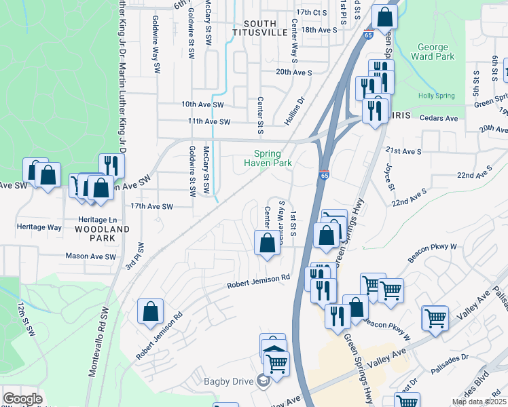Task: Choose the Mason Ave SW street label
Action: coord(91,256)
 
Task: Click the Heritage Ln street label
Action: coord(97,220)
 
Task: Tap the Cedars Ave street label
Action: coord(440,118)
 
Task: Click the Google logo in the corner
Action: coord(22,399)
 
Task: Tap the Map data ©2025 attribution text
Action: coord(479,402)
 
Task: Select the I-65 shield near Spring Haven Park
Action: coord(324,175)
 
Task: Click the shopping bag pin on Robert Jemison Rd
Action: coord(150,311)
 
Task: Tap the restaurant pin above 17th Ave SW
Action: coord(111,165)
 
